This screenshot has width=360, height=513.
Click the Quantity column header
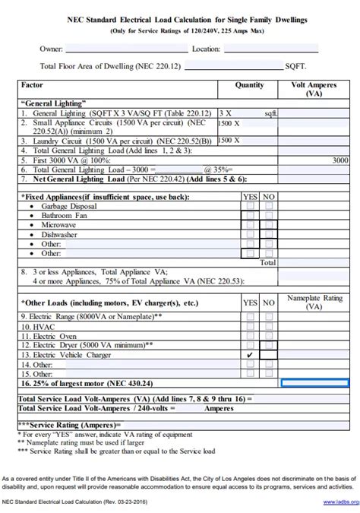[249, 86]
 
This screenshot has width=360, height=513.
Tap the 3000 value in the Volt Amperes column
[340, 161]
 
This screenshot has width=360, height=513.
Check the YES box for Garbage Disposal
[251, 207]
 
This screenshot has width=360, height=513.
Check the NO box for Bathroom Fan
[268, 216]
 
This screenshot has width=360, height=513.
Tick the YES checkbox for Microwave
[251, 225]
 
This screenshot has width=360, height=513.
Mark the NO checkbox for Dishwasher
[268, 235]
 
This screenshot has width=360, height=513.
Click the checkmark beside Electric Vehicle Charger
[251, 355]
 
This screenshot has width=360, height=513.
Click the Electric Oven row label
[49, 335]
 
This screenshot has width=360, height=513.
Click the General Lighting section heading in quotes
[54, 102]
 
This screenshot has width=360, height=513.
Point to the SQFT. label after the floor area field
[297, 67]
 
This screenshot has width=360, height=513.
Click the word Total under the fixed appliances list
[268, 263]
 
